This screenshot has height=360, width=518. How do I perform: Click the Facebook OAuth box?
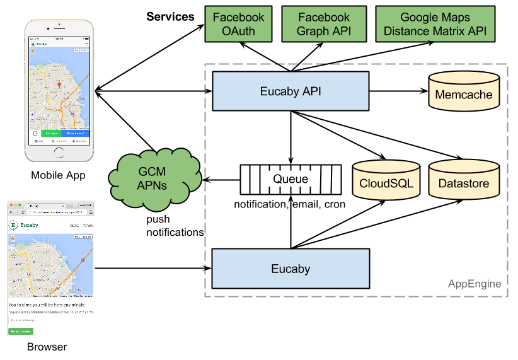(x=239, y=25)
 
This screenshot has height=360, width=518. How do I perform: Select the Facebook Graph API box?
(x=324, y=25)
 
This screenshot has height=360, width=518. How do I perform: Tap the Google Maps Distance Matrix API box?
(x=435, y=25)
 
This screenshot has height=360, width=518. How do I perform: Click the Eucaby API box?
(x=291, y=91)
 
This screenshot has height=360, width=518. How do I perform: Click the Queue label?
(x=291, y=179)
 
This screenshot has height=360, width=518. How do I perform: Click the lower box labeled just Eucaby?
(x=291, y=269)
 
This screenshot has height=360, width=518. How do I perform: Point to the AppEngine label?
(x=475, y=284)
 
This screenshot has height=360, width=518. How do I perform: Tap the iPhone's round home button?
(x=59, y=152)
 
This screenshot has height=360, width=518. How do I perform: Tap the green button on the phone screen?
(x=51, y=134)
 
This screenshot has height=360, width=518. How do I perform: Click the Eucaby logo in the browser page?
(x=13, y=225)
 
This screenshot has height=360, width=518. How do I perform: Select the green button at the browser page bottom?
(x=20, y=331)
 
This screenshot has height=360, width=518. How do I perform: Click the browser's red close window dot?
(x=10, y=206)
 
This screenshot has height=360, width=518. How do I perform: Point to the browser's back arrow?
(x=11, y=212)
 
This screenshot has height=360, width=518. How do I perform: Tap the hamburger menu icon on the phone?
(x=86, y=44)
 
